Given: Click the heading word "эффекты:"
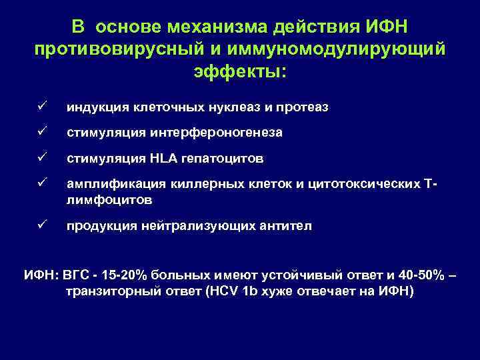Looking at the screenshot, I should (x=239, y=71).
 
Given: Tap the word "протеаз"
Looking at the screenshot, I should (x=304, y=107).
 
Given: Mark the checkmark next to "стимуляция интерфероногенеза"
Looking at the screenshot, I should (x=41, y=133).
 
